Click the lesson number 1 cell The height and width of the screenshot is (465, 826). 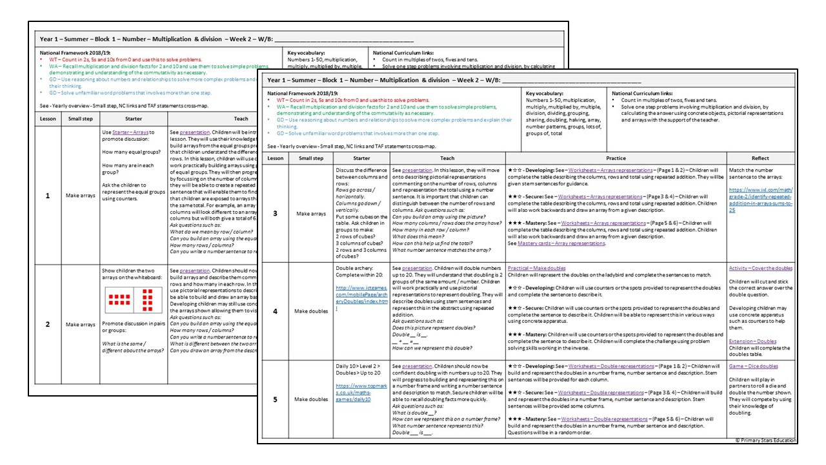(x=47, y=195)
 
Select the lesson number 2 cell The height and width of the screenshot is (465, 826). (x=47, y=324)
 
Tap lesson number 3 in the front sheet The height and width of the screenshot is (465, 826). (x=275, y=213)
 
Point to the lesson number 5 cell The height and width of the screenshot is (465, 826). (x=275, y=400)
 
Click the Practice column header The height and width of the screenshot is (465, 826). (x=616, y=158)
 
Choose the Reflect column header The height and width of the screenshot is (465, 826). (x=760, y=158)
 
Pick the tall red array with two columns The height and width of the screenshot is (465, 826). (x=148, y=299)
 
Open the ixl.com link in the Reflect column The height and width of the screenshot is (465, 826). (x=761, y=200)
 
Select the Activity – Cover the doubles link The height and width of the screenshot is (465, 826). (x=760, y=268)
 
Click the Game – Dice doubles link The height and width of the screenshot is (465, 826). (x=753, y=366)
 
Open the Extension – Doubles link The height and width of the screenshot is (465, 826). (x=752, y=341)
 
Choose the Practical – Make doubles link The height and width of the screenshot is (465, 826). (x=536, y=268)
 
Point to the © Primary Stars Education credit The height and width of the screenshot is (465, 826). (x=765, y=440)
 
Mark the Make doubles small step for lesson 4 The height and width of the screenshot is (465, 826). (x=311, y=311)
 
